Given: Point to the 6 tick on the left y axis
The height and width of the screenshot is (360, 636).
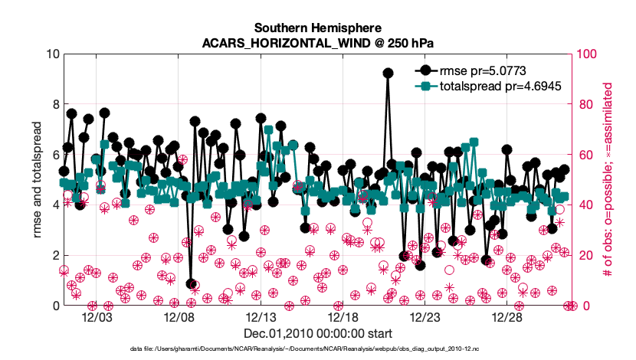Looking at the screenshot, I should pos(54,155).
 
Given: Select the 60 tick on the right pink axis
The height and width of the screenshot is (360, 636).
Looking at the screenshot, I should pos(585,155).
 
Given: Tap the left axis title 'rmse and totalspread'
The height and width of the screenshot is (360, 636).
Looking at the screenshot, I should pos(37,180).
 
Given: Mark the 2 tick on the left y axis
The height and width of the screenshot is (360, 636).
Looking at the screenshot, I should pos(54,255).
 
